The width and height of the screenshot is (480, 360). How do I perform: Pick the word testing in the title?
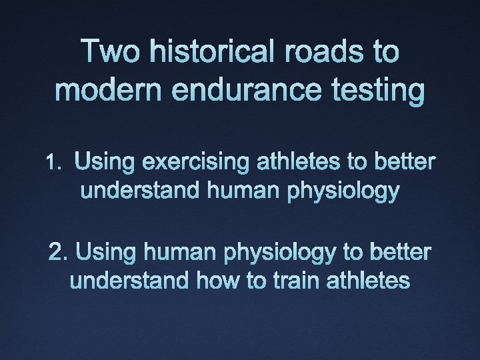pos(377,91)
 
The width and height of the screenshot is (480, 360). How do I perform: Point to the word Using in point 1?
pos(105,162)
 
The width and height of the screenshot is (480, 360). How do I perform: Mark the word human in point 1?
pos(244,192)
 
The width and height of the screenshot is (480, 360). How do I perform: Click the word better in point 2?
pos(397,253)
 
